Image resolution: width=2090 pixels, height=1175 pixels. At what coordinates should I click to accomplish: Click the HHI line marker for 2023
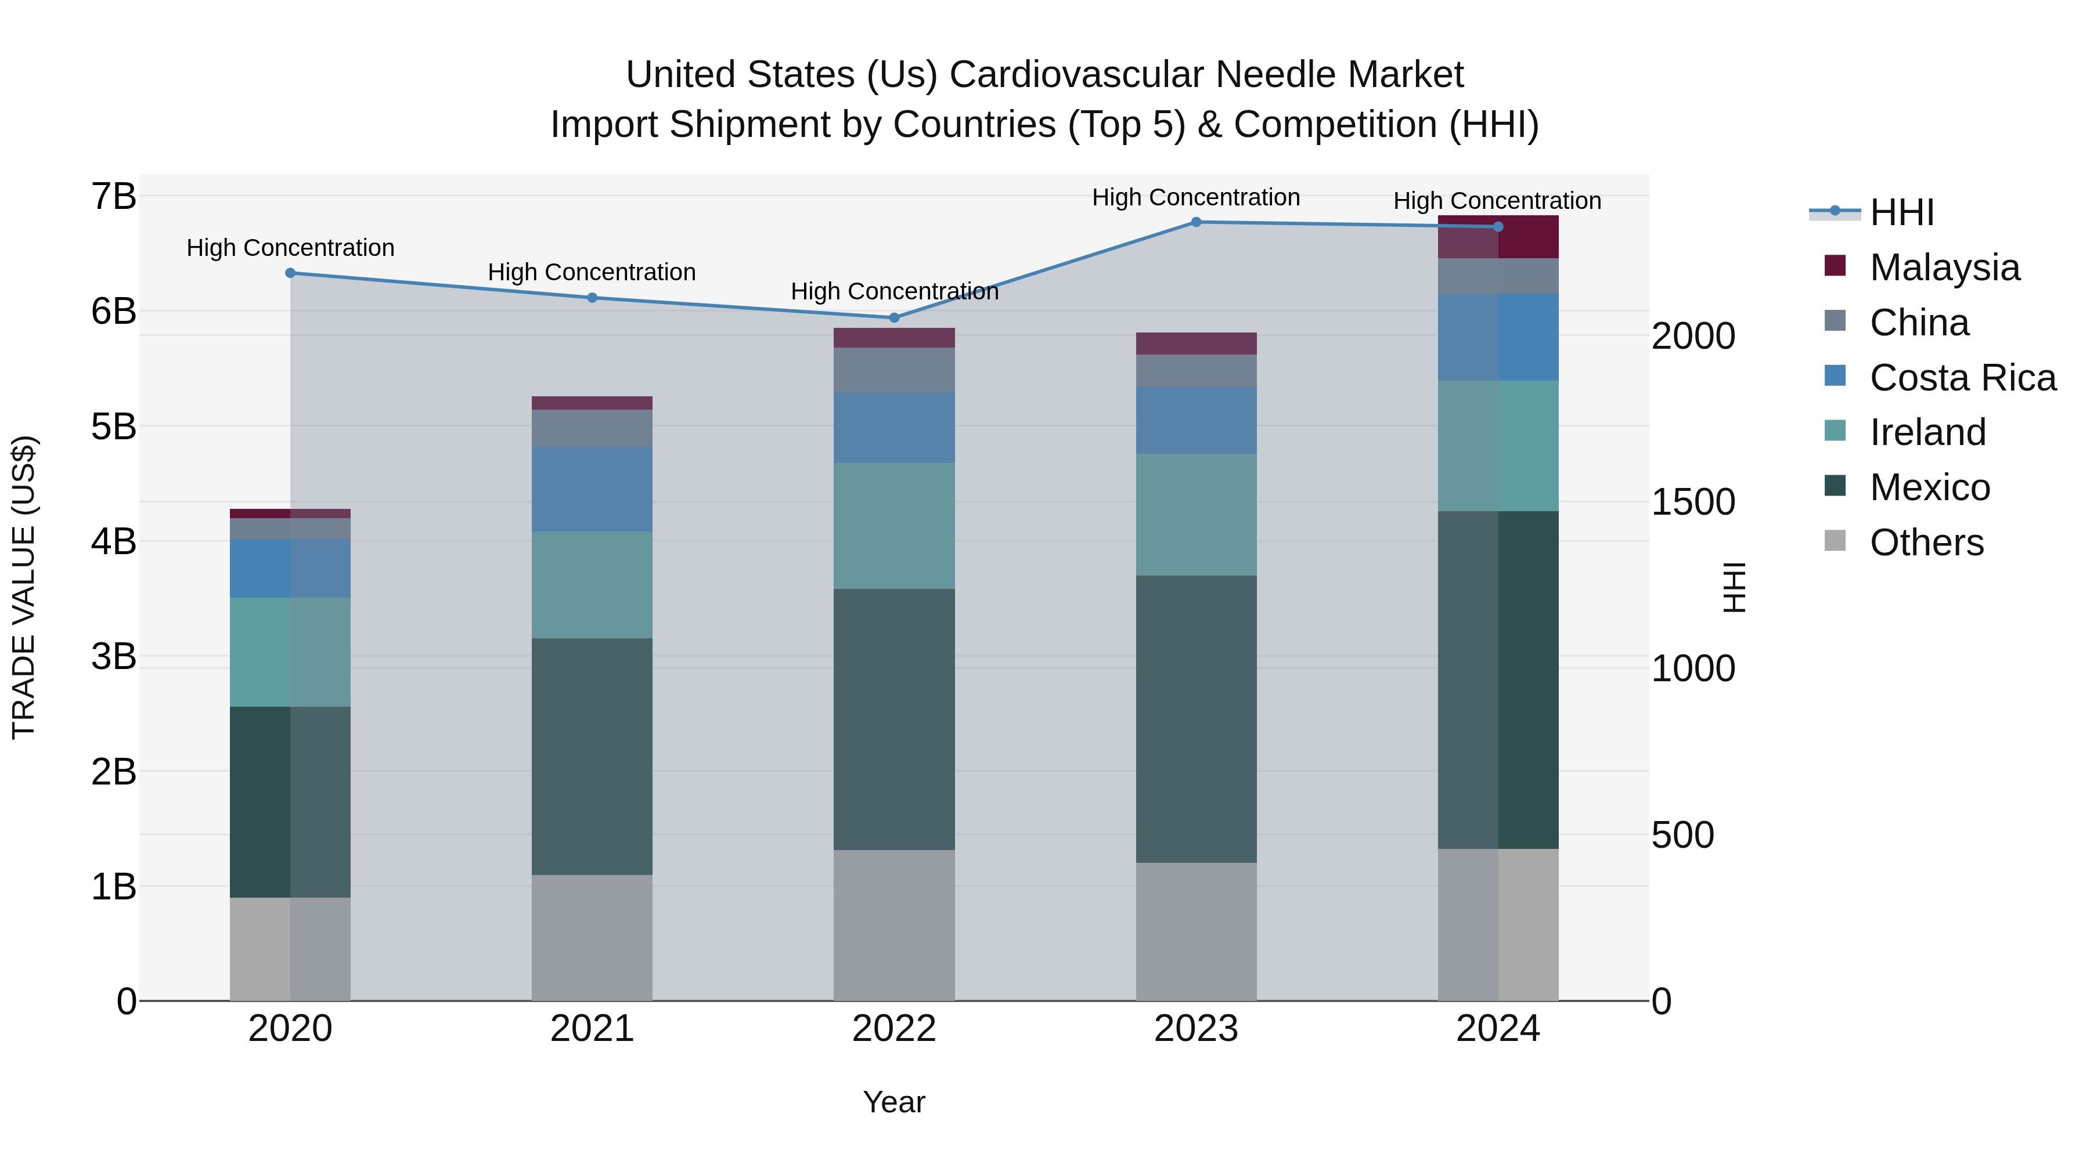tap(1196, 222)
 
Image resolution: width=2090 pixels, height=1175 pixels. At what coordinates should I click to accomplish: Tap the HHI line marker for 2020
tap(290, 273)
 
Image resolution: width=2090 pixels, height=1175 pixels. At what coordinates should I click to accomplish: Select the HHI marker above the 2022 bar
tap(894, 318)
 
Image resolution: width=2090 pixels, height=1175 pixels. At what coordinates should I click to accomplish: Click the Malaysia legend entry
tap(1944, 267)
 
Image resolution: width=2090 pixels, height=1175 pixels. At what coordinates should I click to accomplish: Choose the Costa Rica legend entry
tap(1962, 378)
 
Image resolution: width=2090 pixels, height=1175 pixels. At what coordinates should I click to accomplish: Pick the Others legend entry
tap(1926, 543)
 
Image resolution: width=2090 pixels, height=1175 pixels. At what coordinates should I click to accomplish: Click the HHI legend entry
tap(1901, 212)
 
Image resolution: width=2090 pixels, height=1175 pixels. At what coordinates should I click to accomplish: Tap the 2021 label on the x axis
tap(592, 1029)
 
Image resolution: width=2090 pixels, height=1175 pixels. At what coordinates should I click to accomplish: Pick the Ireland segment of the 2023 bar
tap(1196, 514)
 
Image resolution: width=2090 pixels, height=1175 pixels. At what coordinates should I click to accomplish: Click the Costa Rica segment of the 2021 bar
tap(592, 489)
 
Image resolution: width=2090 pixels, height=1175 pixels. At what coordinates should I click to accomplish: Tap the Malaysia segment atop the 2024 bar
tap(1498, 237)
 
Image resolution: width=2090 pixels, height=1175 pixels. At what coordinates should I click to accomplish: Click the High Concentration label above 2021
tap(592, 273)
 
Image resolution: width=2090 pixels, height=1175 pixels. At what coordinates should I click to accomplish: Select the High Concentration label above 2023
tap(1196, 197)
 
